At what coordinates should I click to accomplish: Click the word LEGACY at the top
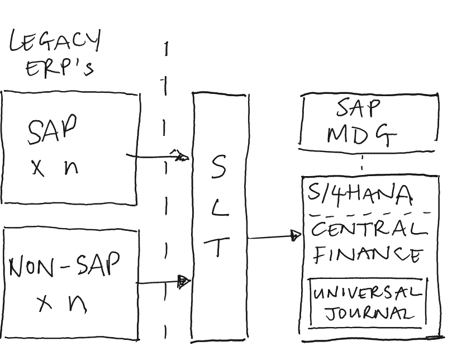pos(55,42)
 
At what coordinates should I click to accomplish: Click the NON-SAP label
pos(64,267)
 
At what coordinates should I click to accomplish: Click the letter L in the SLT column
pos(220,208)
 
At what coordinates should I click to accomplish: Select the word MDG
pos(361,134)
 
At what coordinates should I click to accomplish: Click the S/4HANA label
pos(360,194)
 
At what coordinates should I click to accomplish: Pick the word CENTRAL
pos(368,229)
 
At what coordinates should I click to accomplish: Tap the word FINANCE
pos(367,255)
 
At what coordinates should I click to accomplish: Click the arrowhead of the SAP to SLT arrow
pos(181,157)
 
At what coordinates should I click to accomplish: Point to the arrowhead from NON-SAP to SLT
pos(183,282)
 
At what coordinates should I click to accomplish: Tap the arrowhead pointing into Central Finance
pos(296,236)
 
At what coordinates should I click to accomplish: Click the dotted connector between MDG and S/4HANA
pos(362,163)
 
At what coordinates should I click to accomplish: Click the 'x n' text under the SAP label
pos(54,167)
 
